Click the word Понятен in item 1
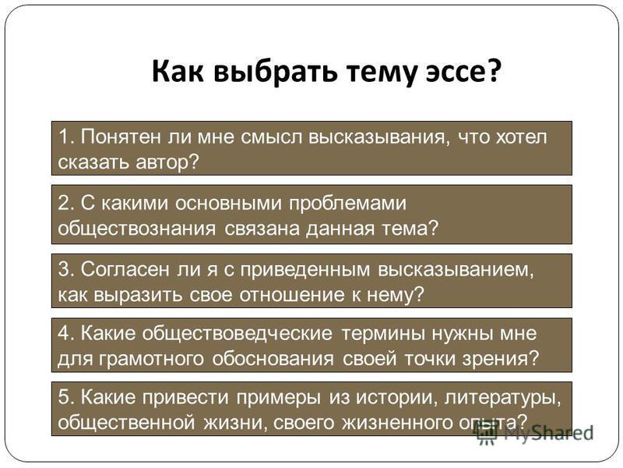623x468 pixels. pyautogui.click(x=121, y=137)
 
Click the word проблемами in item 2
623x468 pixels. pyautogui.click(x=347, y=204)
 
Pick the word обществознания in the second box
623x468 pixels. pyautogui.click(x=137, y=229)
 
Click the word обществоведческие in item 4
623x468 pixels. pyautogui.click(x=237, y=333)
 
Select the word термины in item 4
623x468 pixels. pyautogui.click(x=383, y=334)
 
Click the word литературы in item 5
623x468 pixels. pyautogui.click(x=502, y=397)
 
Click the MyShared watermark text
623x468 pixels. pyautogui.click(x=549, y=434)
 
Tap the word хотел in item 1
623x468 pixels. pyautogui.click(x=522, y=137)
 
